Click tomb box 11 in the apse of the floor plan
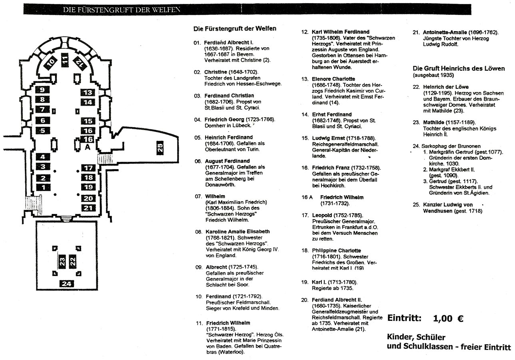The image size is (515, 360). (65, 60)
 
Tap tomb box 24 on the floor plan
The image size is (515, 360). (67, 284)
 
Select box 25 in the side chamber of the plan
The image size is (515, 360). (160, 148)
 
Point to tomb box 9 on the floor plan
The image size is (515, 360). (42, 90)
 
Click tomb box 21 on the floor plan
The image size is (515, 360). (88, 208)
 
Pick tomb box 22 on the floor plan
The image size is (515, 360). (73, 262)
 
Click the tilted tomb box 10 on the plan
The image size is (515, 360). (51, 62)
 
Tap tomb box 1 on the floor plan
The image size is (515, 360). (43, 188)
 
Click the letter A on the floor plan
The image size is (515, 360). (88, 147)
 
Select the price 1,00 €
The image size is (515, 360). (448, 318)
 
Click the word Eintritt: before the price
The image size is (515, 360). (404, 318)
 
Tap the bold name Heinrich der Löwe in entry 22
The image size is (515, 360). (446, 87)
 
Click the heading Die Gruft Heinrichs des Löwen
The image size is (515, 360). (459, 68)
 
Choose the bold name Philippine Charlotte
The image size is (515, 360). (337, 250)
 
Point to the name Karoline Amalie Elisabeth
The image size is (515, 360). (238, 232)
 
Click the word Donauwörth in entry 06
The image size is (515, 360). (220, 185)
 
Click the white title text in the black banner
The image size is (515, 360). (122, 10)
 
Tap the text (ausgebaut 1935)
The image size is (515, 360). (433, 75)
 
